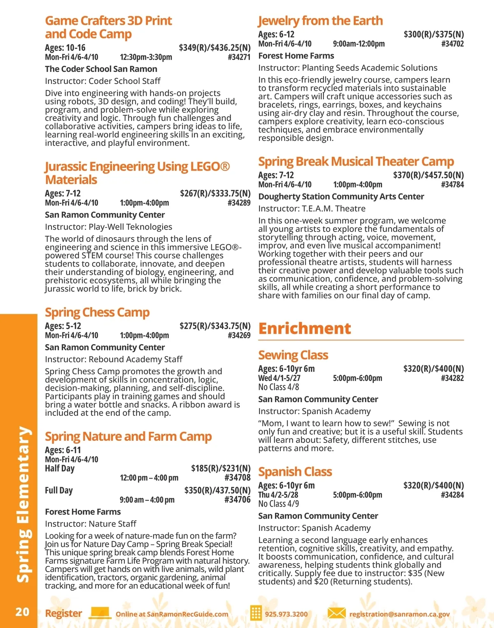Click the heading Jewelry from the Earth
[x=320, y=21]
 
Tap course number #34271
[x=239, y=57]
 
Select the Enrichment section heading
[x=305, y=328]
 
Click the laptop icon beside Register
[x=100, y=613]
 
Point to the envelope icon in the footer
[x=336, y=613]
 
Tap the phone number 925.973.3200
[x=286, y=614]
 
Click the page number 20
[x=22, y=612]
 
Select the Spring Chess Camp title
[x=97, y=313]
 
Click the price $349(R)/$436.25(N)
[x=214, y=48]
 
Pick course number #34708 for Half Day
[x=238, y=477]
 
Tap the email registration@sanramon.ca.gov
[x=399, y=614]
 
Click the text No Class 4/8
[x=279, y=387]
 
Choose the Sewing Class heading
[x=293, y=355]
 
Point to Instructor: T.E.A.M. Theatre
[x=312, y=209]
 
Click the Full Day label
[x=59, y=490]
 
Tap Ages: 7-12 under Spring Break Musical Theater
[x=276, y=175]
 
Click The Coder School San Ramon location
[x=101, y=69]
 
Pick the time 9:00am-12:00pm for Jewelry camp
[x=359, y=44]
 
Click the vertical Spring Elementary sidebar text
[x=23, y=504]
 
